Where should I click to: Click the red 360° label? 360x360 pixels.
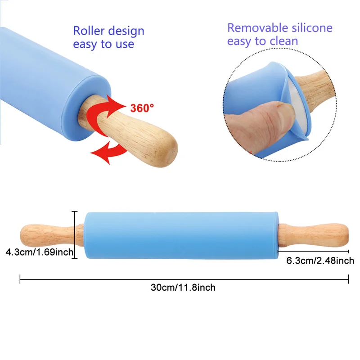coord(142,108)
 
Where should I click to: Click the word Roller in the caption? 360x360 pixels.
coord(90,31)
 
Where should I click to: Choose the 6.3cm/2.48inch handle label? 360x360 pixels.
coord(320,261)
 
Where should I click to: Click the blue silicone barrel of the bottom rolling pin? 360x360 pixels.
coord(180,235)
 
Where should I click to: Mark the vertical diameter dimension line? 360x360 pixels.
coord(75,234)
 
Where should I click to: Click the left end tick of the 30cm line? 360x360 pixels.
coord(20,279)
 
